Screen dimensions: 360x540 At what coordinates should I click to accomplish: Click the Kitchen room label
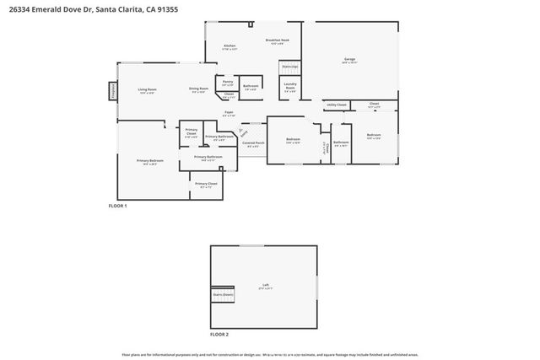click(229, 46)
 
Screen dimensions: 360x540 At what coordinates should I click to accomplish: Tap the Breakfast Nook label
click(278, 40)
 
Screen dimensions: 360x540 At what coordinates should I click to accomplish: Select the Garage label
click(349, 59)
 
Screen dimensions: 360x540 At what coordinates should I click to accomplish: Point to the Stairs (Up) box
click(289, 66)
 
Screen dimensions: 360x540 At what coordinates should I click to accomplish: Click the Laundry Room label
click(289, 85)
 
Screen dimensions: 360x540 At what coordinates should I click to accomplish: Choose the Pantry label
click(228, 82)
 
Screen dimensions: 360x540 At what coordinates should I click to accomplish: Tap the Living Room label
click(147, 89)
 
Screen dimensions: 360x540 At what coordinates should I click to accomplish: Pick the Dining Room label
click(198, 89)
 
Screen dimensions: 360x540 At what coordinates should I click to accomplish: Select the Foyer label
click(229, 112)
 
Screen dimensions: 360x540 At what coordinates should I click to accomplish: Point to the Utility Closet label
click(336, 105)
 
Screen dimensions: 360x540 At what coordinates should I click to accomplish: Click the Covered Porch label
click(253, 143)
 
